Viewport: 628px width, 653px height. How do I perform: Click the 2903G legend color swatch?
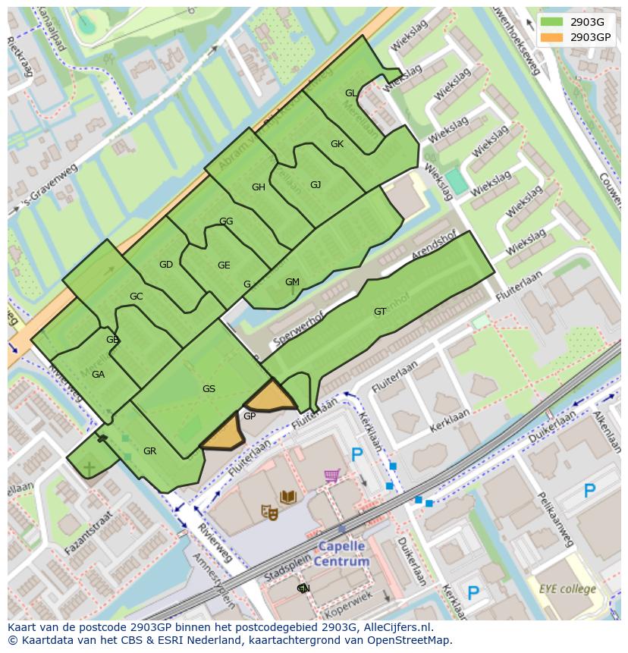pos(552,22)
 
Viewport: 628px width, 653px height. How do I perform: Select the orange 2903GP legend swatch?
pos(552,36)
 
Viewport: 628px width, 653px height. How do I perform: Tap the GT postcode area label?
pos(380,311)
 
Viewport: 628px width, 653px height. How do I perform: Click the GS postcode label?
pos(209,389)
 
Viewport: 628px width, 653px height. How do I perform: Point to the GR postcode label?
pos(149,451)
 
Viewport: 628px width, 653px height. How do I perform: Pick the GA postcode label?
pos(98,375)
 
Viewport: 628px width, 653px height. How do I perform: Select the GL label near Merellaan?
pos(350,93)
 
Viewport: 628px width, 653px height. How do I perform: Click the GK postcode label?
pos(337,144)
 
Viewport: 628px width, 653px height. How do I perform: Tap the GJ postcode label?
pos(316,185)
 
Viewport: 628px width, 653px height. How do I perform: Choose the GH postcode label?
pos(258,187)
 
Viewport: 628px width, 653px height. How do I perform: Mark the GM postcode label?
pos(292,282)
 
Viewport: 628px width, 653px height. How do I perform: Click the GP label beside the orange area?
pos(249,416)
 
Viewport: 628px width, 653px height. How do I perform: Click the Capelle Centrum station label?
pos(341,554)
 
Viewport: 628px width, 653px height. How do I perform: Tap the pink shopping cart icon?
pos(331,476)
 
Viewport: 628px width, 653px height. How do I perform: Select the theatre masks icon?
pos(269,513)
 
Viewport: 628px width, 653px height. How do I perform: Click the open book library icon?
pos(287,498)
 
